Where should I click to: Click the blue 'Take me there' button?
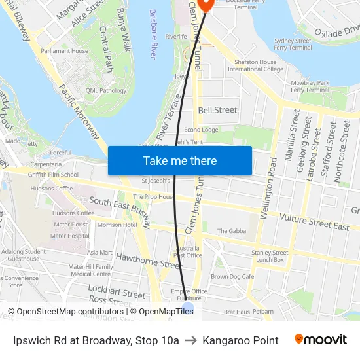[180, 160]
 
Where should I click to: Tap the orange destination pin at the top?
[206, 3]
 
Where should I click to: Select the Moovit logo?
[320, 340]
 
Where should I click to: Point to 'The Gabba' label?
[231, 231]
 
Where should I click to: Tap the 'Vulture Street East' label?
[314, 222]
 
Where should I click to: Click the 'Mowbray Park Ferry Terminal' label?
[310, 86]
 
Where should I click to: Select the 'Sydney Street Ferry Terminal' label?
[293, 44]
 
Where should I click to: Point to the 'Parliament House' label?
[64, 51]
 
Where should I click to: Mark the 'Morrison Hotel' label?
[117, 225]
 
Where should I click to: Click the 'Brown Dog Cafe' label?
[232, 276]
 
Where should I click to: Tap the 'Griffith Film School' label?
[54, 175]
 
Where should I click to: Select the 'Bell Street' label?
[218, 110]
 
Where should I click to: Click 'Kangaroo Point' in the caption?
[240, 340]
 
